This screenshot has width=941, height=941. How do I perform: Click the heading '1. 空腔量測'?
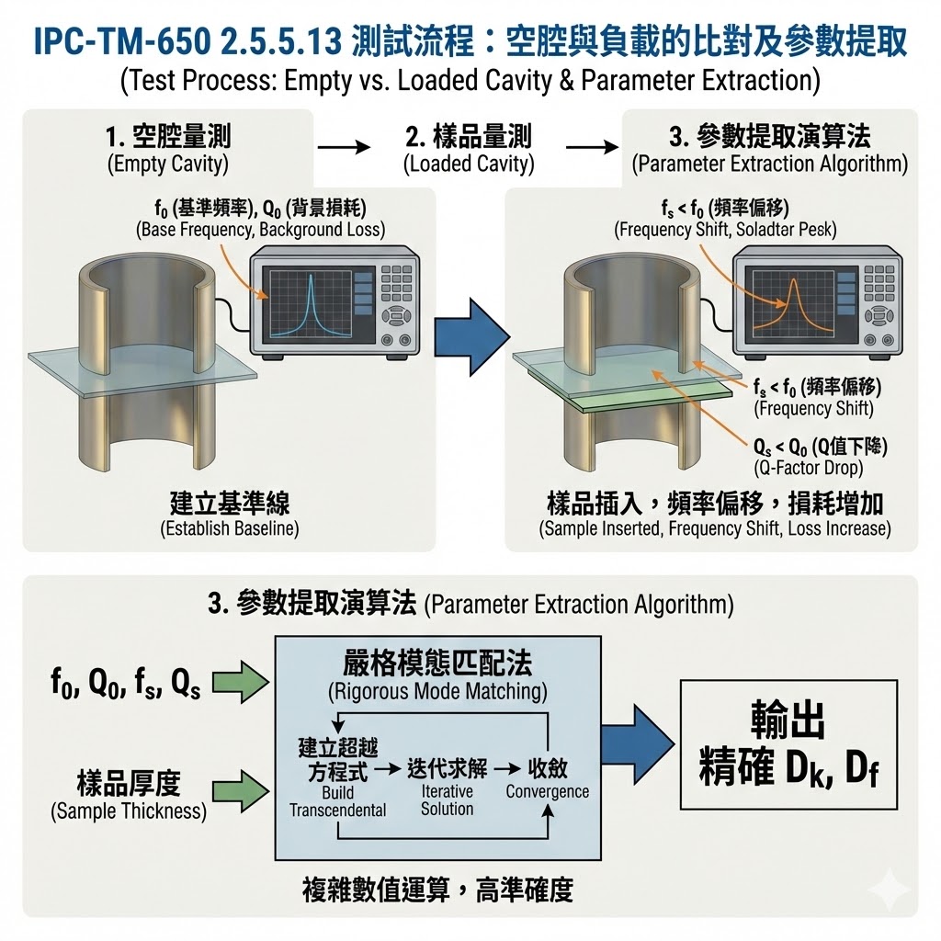168,139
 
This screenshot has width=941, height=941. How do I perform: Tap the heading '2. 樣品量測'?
469,139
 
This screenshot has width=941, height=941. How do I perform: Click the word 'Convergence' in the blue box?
548,791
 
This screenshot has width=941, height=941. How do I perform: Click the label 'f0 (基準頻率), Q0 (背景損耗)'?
259,206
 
